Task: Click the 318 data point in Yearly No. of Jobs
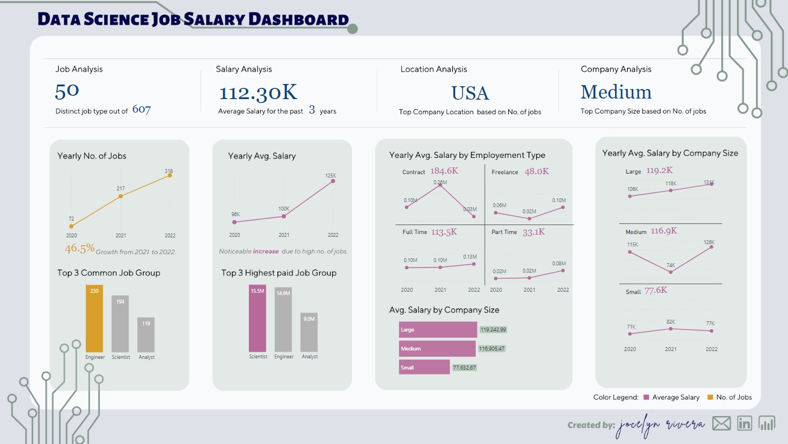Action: point(169,175)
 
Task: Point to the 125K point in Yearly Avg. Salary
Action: point(333,180)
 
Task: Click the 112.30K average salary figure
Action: point(258,92)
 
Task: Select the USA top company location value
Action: point(470,93)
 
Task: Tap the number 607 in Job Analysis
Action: point(141,110)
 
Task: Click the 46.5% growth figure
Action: point(79,249)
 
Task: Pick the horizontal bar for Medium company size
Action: point(437,349)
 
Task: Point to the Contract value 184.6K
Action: point(444,171)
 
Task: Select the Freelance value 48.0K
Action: point(536,171)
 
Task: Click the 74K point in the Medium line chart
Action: point(671,272)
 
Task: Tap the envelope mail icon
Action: point(721,423)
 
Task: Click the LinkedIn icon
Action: point(744,423)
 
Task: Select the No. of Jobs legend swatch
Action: point(710,397)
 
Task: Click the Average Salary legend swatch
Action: point(646,397)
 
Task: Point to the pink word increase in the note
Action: point(266,251)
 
